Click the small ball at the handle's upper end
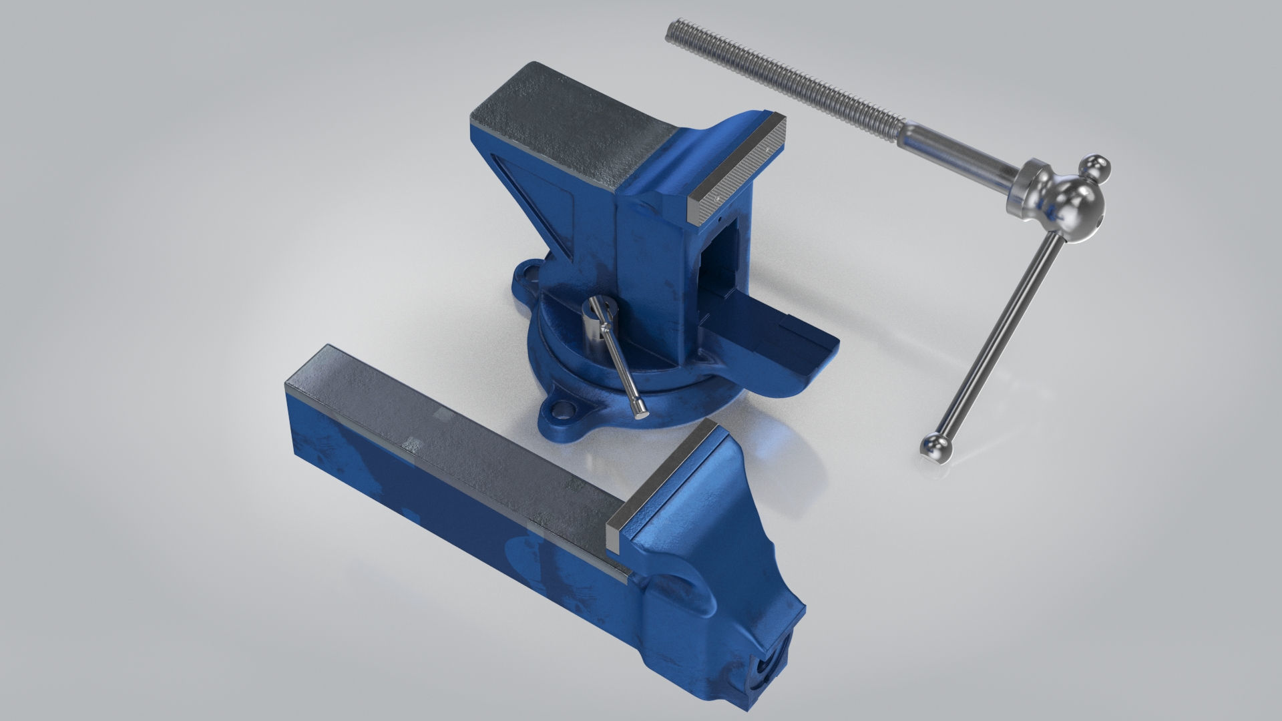tap(1096, 168)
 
